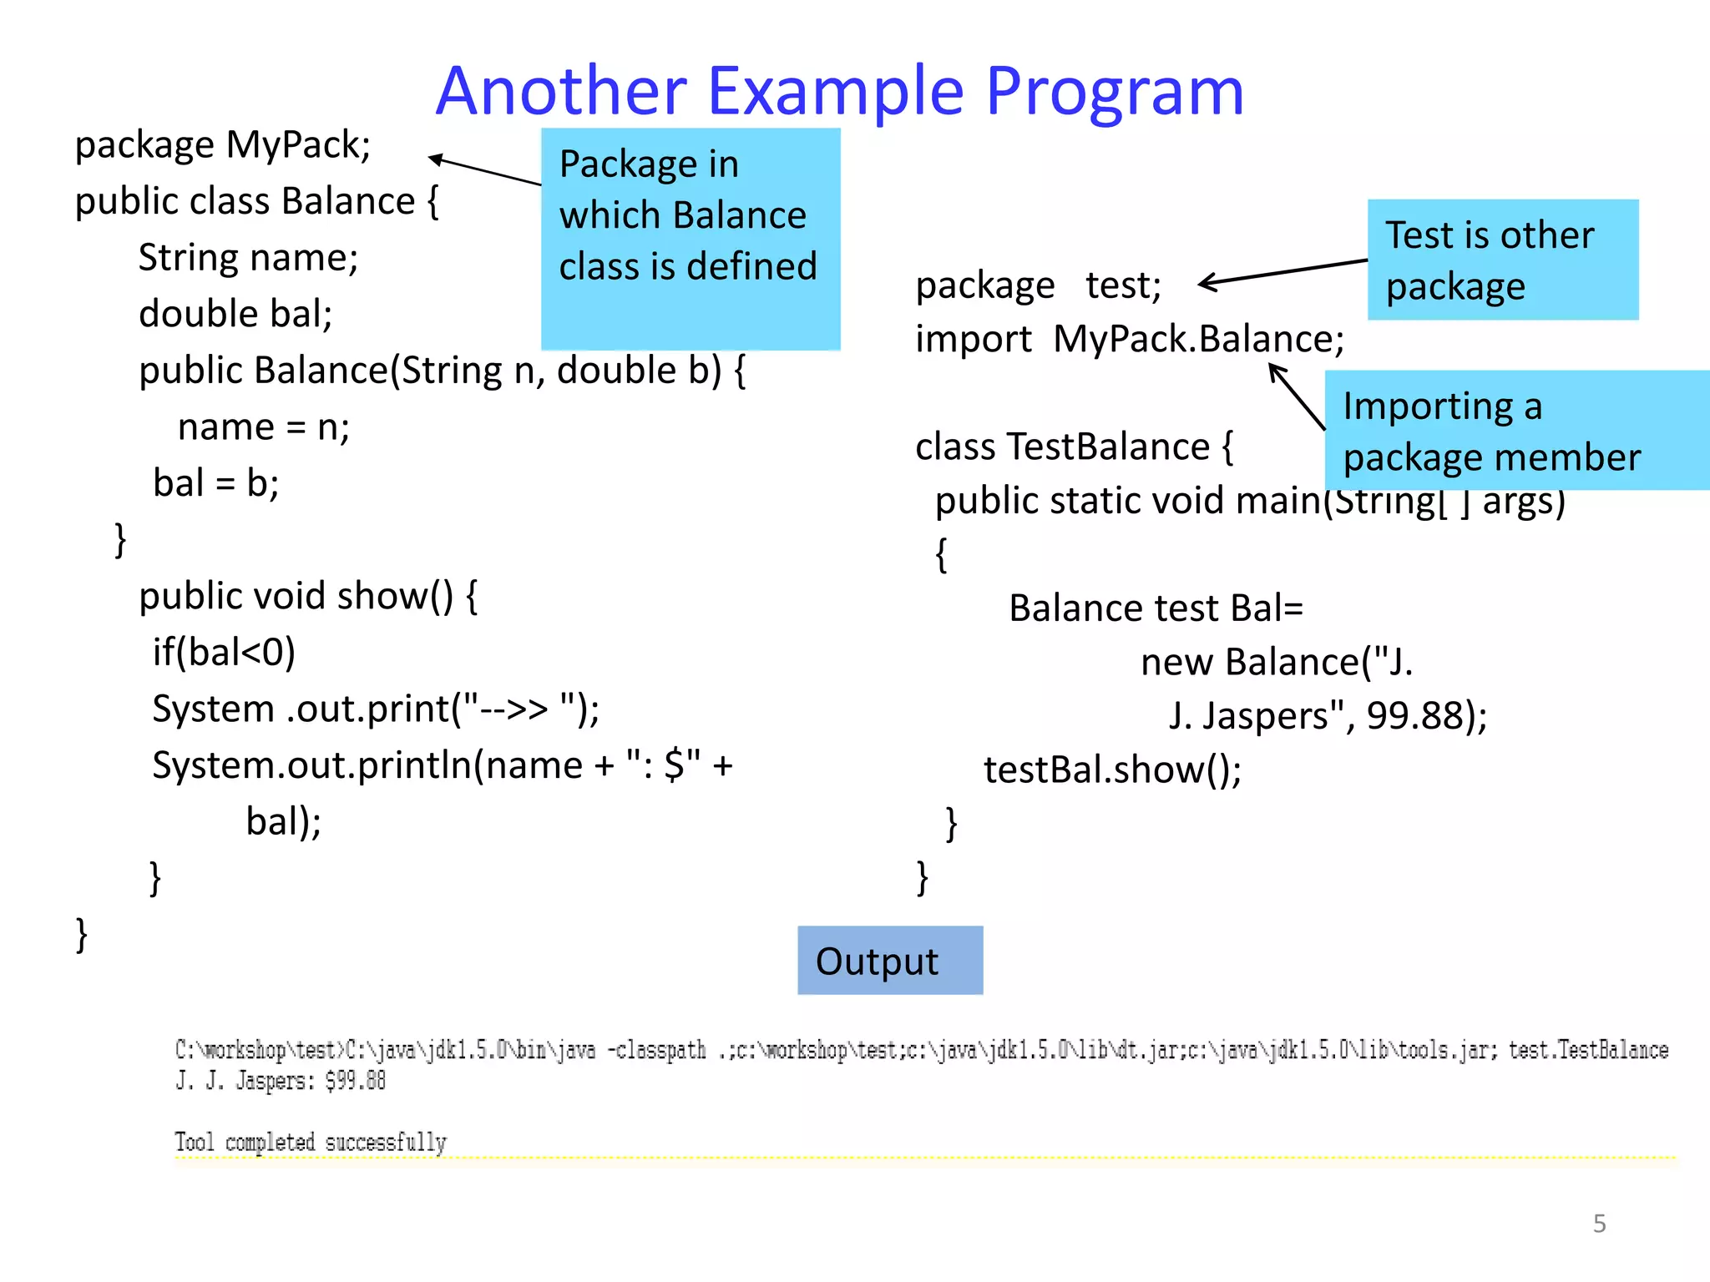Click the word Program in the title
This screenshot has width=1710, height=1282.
click(1115, 92)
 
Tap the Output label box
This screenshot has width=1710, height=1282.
click(889, 961)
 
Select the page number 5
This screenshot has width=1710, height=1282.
click(1599, 1224)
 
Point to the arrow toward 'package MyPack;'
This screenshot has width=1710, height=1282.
click(484, 170)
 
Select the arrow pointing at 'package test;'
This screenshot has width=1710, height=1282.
click(1282, 272)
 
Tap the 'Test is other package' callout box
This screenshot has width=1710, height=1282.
click(1502, 260)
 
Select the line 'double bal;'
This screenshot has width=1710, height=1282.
click(235, 315)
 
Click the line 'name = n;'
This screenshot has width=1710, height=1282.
click(264, 427)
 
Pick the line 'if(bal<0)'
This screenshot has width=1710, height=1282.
click(224, 653)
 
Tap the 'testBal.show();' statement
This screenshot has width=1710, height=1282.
click(1111, 770)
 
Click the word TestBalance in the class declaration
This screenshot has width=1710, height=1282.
click(1108, 447)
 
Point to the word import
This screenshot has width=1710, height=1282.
click(973, 340)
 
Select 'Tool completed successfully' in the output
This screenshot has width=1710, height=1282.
click(311, 1142)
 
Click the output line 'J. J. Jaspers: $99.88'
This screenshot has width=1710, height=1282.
click(281, 1081)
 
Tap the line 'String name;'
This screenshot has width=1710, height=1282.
click(248, 258)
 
